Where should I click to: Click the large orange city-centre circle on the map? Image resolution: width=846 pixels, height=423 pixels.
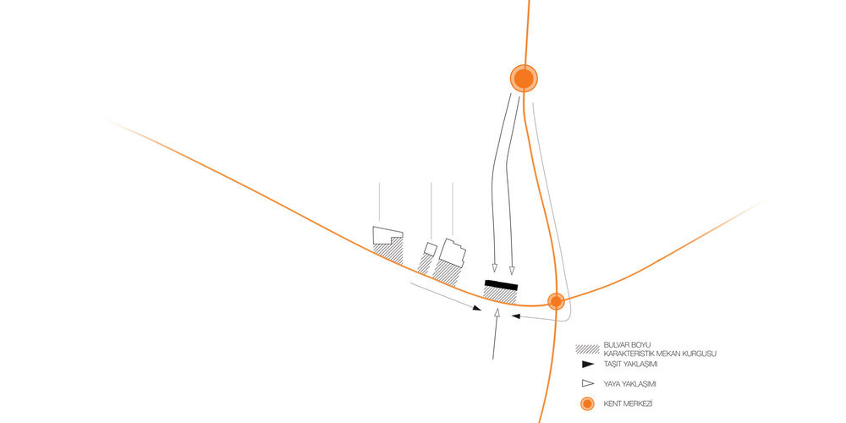pos(524,79)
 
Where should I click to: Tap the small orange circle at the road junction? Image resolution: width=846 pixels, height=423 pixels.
pos(556,301)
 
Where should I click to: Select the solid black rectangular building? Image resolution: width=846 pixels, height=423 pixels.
pos(501,285)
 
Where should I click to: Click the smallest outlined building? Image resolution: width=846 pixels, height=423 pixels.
pos(430,250)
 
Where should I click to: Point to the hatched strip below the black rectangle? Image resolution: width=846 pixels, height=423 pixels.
pos(500,295)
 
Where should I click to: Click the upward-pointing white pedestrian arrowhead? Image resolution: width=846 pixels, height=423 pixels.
pos(497,312)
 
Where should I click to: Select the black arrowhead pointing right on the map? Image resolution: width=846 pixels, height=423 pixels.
pos(477,308)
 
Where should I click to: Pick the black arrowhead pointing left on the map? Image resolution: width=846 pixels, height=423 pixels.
pos(515,316)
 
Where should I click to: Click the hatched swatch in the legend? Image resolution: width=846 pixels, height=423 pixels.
pos(588,349)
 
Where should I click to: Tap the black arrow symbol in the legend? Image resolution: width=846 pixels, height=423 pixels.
pos(588,364)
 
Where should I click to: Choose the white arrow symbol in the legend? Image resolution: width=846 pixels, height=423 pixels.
pos(588,383)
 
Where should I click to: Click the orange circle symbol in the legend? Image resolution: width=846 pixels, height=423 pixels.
pos(588,404)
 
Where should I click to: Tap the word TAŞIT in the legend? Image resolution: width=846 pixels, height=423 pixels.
pos(613,365)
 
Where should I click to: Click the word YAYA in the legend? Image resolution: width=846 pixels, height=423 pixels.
pos(613,384)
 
